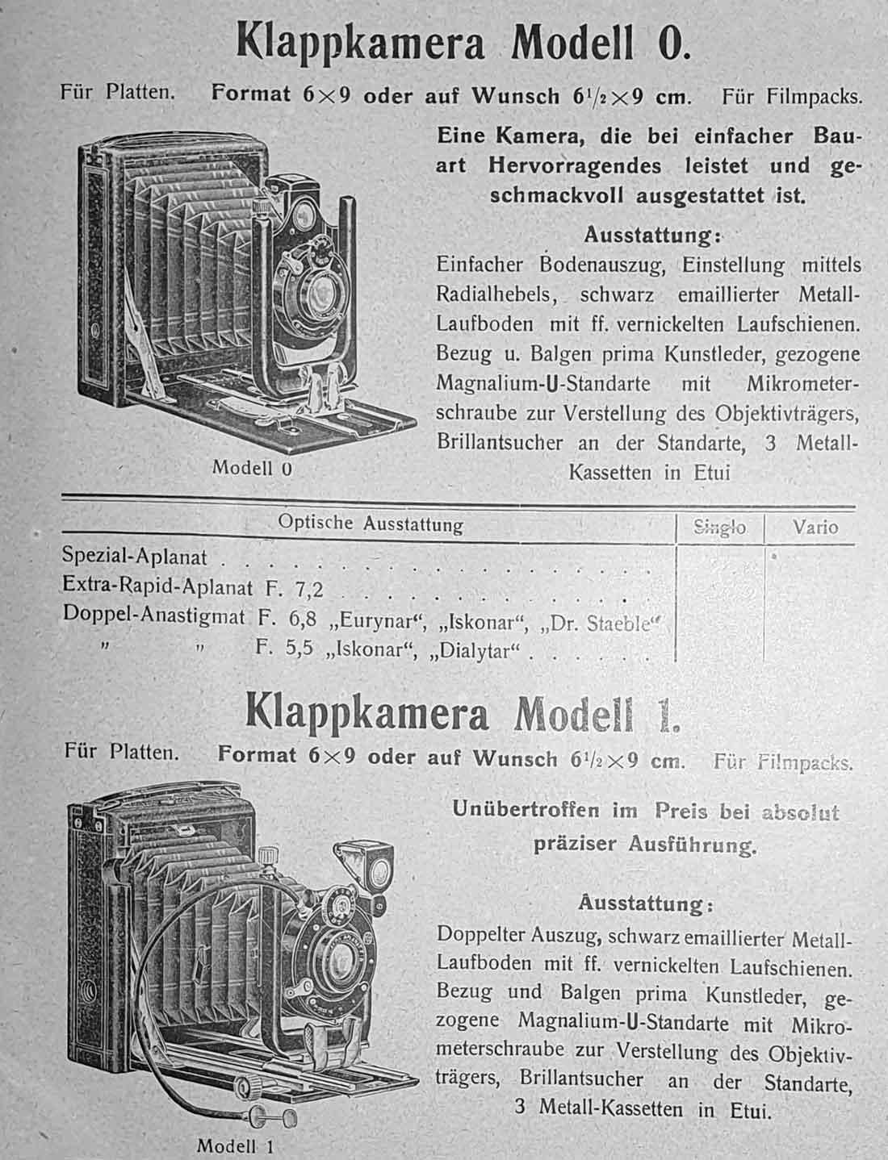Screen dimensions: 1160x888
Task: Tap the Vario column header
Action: [815, 528]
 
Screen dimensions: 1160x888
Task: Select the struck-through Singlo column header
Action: [720, 528]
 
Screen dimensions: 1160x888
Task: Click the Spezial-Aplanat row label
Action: [135, 557]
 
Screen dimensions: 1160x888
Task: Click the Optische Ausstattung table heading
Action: [370, 524]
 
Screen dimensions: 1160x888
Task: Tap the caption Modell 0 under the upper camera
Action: [251, 468]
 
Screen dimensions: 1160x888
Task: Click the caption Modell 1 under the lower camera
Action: [237, 1145]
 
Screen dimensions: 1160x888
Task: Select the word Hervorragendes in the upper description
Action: [575, 166]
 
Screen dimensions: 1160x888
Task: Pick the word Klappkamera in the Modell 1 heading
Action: [367, 714]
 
